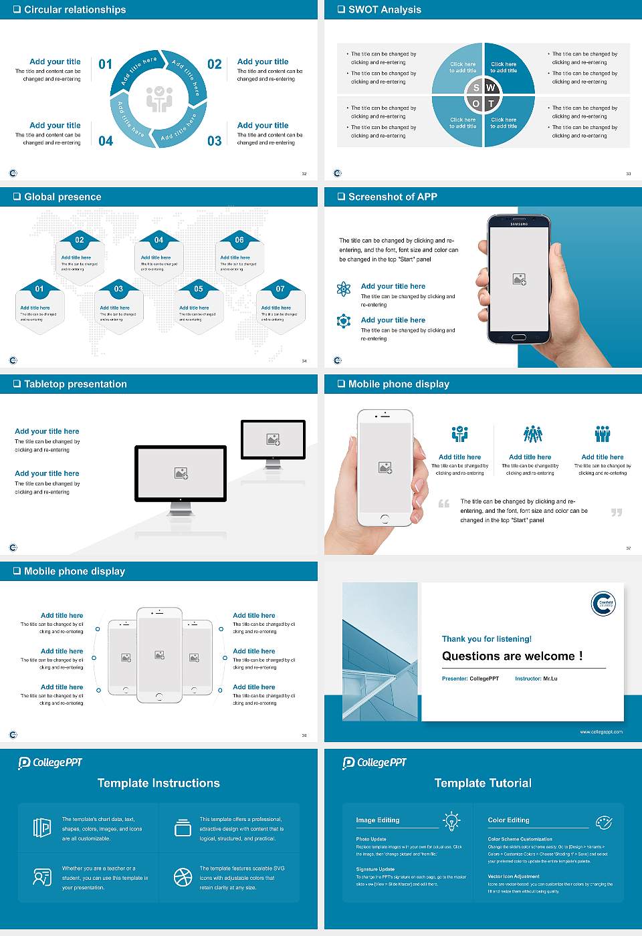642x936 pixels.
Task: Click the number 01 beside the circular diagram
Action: tap(106, 64)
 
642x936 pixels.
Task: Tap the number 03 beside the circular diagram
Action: tap(214, 141)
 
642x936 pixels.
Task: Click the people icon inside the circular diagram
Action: tap(159, 98)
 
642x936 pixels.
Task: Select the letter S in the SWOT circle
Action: tap(476, 88)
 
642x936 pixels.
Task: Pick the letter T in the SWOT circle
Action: tap(491, 104)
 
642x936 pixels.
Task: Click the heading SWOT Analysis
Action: tap(385, 9)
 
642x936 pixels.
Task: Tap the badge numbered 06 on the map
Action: tap(239, 240)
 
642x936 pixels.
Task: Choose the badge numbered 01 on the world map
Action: tap(39, 289)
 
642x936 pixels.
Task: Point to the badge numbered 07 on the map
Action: tap(280, 289)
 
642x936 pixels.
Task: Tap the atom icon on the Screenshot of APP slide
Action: tap(344, 289)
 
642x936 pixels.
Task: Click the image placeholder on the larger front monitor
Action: tap(181, 473)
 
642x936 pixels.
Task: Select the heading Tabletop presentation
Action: tap(75, 384)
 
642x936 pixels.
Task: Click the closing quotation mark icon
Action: tap(617, 512)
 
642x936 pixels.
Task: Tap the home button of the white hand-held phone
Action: tap(385, 519)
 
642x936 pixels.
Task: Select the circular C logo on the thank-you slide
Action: tap(603, 604)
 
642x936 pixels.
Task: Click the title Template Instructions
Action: tap(158, 783)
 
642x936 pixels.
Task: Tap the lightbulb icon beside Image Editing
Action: tap(451, 821)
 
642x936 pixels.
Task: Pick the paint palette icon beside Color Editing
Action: tap(603, 822)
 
